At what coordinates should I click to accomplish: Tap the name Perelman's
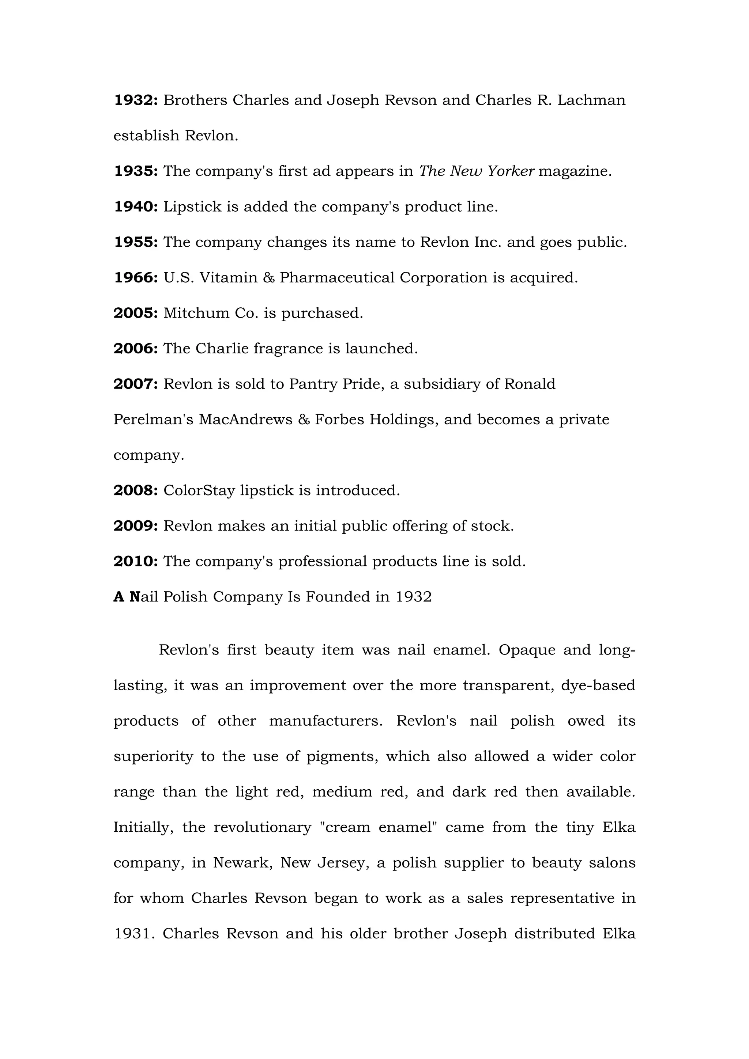(x=153, y=420)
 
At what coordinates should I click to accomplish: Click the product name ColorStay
(x=199, y=490)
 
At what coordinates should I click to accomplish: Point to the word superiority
(x=153, y=756)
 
